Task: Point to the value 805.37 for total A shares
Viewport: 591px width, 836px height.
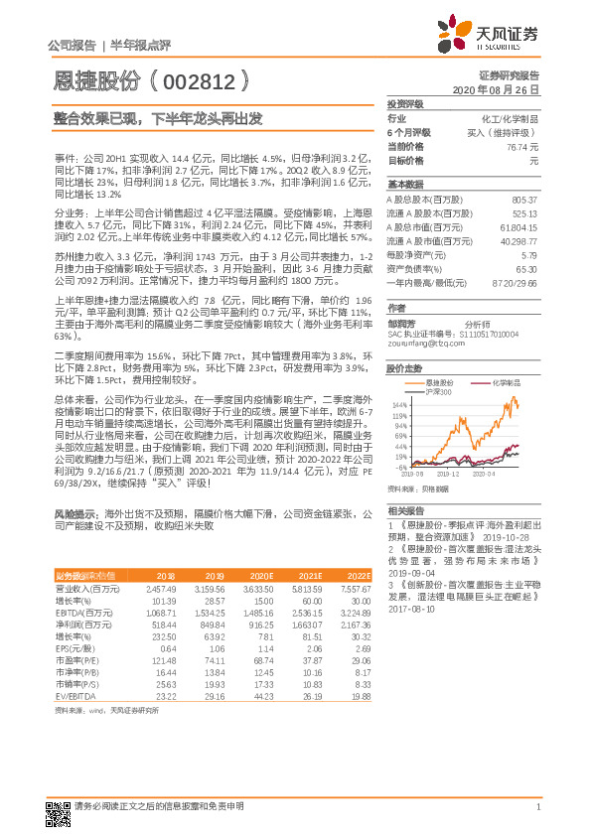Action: coord(523,200)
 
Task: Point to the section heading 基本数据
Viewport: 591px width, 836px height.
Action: coord(405,185)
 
